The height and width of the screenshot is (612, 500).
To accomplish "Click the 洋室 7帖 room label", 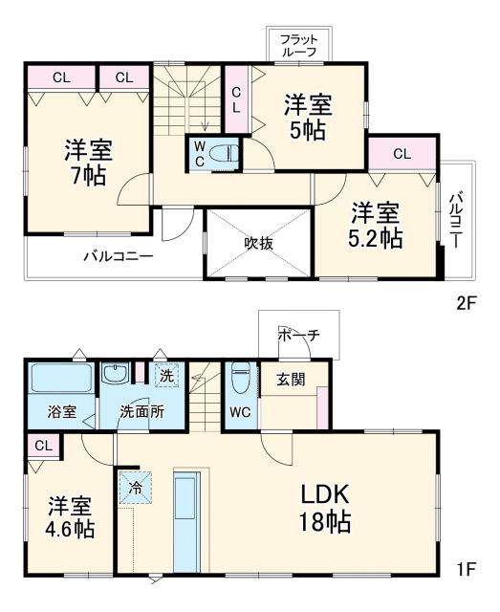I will coord(89,162).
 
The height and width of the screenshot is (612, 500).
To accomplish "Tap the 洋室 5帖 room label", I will coord(307,115).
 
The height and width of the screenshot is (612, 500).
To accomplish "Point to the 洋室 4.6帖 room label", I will coord(72,514).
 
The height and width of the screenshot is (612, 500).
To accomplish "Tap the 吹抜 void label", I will coord(259,243).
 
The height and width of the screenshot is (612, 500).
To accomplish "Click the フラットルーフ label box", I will coord(298,44).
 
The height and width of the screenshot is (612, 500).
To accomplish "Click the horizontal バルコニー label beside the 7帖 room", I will coord(117,256).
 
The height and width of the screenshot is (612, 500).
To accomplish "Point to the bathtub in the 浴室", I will coord(59,378).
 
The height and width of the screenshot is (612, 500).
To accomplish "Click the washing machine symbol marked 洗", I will coord(167,376).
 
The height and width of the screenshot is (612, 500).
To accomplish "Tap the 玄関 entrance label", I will coord(293,380).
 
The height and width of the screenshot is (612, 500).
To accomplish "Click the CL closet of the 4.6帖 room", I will coord(42,446).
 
